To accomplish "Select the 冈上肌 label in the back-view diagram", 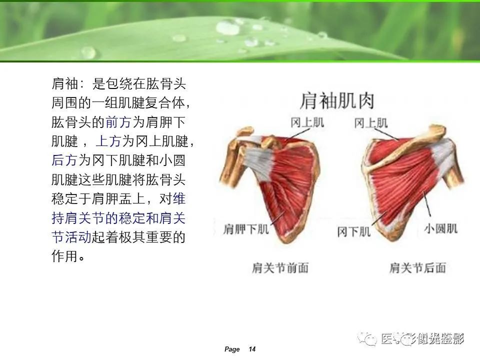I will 370,122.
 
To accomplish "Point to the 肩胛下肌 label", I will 246,229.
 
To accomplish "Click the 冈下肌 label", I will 354,231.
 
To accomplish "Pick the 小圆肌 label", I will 441,228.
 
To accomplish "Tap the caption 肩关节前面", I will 280,268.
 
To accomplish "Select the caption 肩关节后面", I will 417,268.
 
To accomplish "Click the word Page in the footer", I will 232,349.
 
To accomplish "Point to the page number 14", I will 252,349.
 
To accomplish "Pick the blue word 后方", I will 64,160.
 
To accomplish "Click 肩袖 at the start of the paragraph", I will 64,84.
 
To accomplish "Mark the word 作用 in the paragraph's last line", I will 64,256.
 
